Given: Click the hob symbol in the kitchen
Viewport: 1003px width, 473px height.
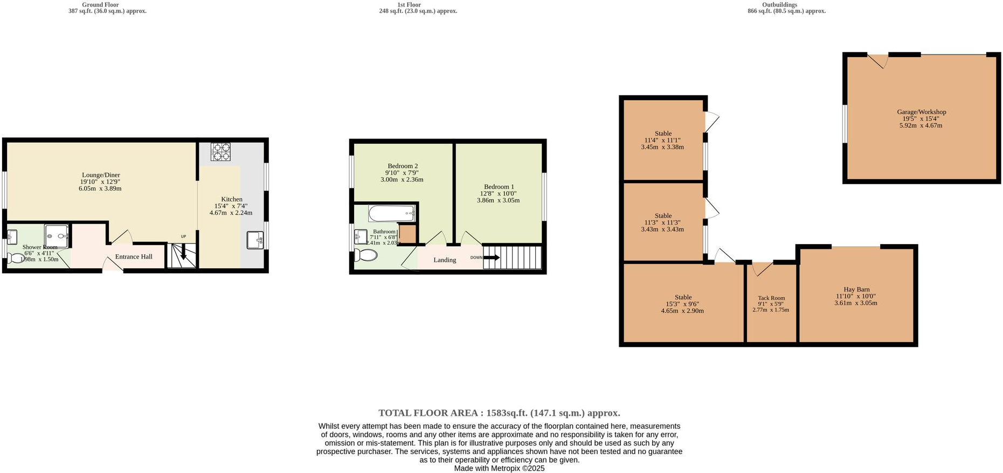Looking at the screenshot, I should pos(220,151).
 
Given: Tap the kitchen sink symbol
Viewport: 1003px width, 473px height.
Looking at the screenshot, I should pos(255,240).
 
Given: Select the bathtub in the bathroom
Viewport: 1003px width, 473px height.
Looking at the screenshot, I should pos(392,214).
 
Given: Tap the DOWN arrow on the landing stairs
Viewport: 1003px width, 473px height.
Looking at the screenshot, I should pos(492,258).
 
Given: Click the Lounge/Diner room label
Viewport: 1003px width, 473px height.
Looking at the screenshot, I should pos(101,175).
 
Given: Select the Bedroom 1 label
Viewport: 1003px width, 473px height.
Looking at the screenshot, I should pos(499,187).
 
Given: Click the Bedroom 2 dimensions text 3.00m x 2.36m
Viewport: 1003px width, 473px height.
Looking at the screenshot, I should pos(402,180).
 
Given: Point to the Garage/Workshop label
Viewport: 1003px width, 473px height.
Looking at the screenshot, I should pos(921,112).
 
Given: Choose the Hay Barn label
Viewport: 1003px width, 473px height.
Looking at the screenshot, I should pos(856,289).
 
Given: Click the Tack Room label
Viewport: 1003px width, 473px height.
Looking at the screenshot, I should pos(771,298).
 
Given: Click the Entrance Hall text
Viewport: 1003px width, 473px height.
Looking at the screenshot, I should pos(134,257).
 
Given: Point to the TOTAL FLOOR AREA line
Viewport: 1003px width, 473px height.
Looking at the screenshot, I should pos(499,413).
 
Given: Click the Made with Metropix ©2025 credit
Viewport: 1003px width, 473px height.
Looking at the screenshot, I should pos(499,469).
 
